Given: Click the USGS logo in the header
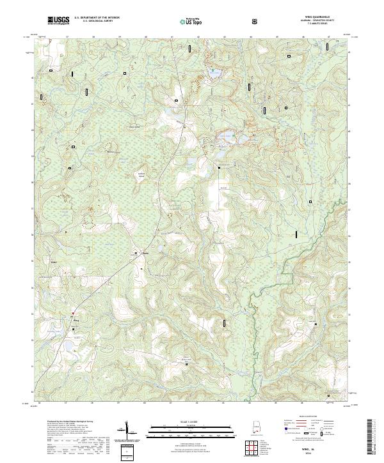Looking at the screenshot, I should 59,21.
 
